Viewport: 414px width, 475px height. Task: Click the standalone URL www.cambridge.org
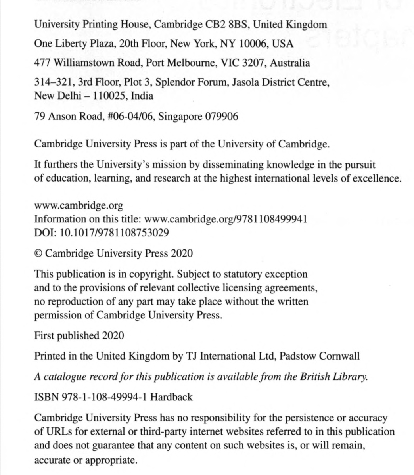point(79,206)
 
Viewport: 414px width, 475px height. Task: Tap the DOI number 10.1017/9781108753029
point(114,233)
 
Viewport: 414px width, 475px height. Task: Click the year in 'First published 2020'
point(113,336)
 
